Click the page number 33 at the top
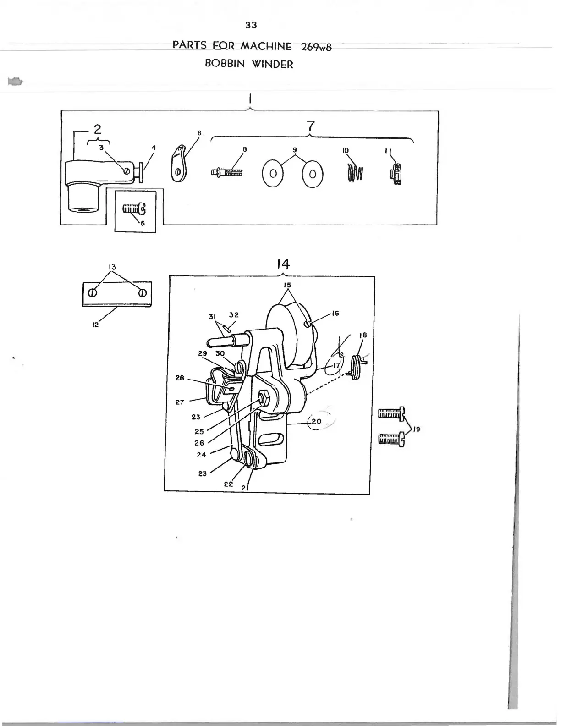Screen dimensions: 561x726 251,25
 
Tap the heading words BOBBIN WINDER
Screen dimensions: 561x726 249,64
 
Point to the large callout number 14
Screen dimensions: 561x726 284,264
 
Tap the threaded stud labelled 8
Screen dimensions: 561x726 227,173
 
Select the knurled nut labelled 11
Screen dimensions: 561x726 396,175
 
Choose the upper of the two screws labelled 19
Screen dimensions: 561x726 391,414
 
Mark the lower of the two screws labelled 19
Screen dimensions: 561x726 391,440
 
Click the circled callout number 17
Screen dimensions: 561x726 337,365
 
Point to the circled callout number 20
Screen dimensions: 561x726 316,421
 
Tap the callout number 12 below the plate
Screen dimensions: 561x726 95,325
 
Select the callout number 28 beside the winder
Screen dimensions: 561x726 180,378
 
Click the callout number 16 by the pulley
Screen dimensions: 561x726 335,313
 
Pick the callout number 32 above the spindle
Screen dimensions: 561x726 234,315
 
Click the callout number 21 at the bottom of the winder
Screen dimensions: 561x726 245,488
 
